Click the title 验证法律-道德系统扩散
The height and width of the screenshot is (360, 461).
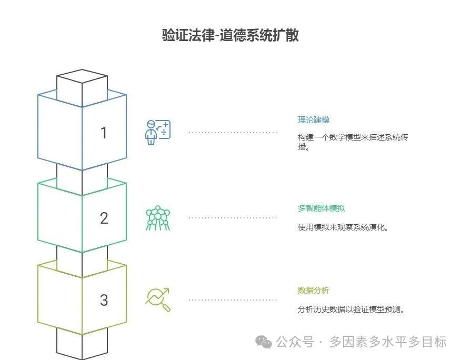(230, 35)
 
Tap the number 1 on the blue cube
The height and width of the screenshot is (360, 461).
(104, 133)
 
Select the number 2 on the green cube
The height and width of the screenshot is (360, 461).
(104, 218)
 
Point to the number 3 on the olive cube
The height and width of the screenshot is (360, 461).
(104, 300)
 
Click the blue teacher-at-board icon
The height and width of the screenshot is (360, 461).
(158, 133)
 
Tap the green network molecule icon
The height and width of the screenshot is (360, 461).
(158, 218)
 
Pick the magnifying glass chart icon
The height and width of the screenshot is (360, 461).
(158, 299)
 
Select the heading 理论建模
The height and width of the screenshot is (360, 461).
(314, 119)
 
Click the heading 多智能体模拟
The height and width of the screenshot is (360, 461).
(321, 208)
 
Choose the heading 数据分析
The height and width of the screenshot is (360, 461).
(314, 291)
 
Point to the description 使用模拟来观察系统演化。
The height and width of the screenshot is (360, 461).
(343, 227)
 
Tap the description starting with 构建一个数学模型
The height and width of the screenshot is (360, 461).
(353, 142)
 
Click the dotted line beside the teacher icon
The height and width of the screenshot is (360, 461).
(233, 133)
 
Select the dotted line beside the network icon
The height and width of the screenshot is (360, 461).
(233, 218)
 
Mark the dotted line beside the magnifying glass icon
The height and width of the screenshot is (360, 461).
(233, 300)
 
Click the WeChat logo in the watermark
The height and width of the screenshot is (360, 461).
(264, 342)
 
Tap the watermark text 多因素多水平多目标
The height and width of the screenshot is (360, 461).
(388, 342)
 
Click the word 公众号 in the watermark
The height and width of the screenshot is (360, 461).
(295, 342)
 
